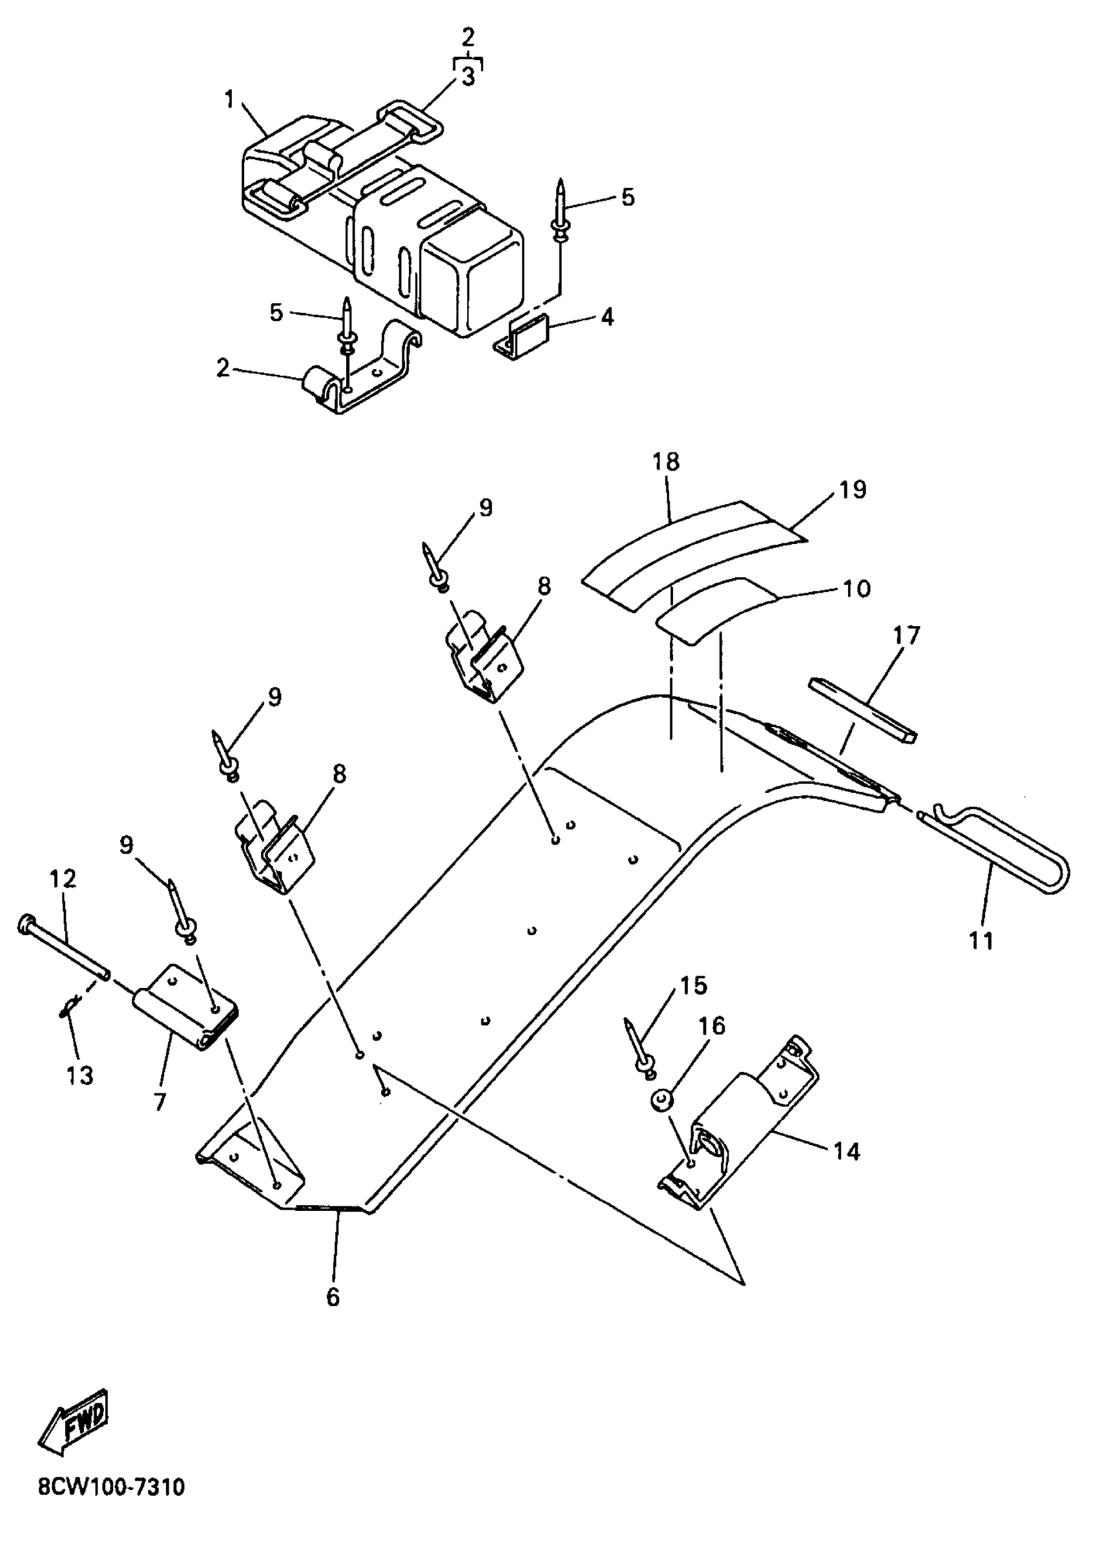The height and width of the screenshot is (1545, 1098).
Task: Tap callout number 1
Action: [230, 101]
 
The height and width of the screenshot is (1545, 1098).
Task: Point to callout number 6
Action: [333, 1297]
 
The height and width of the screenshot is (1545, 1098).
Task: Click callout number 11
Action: [981, 940]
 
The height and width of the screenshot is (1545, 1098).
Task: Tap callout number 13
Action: [80, 1075]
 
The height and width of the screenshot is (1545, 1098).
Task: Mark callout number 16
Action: [711, 1026]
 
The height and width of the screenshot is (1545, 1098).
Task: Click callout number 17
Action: [907, 635]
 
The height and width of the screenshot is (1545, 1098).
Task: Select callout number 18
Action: [666, 462]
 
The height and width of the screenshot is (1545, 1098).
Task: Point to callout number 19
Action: [853, 489]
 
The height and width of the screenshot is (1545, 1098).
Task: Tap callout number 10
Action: [856, 589]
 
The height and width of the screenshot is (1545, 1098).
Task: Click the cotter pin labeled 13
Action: [70, 1026]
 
